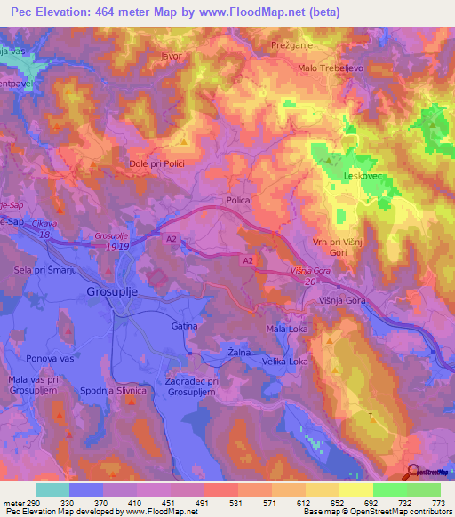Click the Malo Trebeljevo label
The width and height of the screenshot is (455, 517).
tap(331, 68)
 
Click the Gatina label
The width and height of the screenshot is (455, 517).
tap(184, 326)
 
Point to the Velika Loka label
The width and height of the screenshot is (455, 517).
tap(284, 362)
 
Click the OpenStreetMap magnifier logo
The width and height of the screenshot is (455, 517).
tap(413, 473)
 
